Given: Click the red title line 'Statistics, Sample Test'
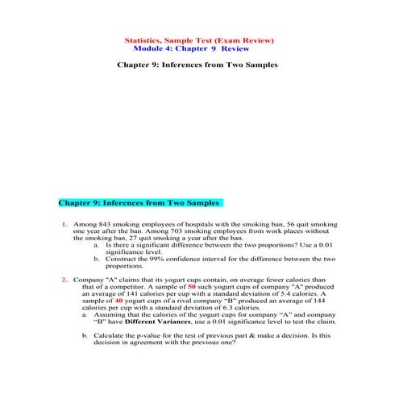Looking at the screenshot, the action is click(199, 39).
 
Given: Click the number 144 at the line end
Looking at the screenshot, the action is click(326, 301).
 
